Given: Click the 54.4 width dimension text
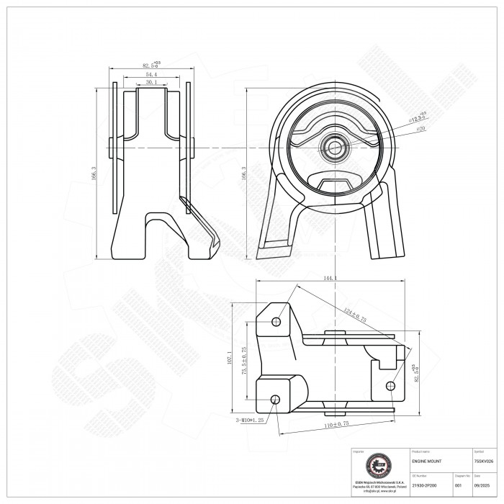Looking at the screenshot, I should pos(151,74).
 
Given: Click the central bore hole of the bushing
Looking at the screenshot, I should pos(334,148).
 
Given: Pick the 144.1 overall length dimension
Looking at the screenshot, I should pos(332,277).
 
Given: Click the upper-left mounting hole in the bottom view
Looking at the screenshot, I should pos(276,321).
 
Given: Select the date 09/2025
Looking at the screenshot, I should pos(482,485).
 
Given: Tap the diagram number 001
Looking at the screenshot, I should pos(459,485).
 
